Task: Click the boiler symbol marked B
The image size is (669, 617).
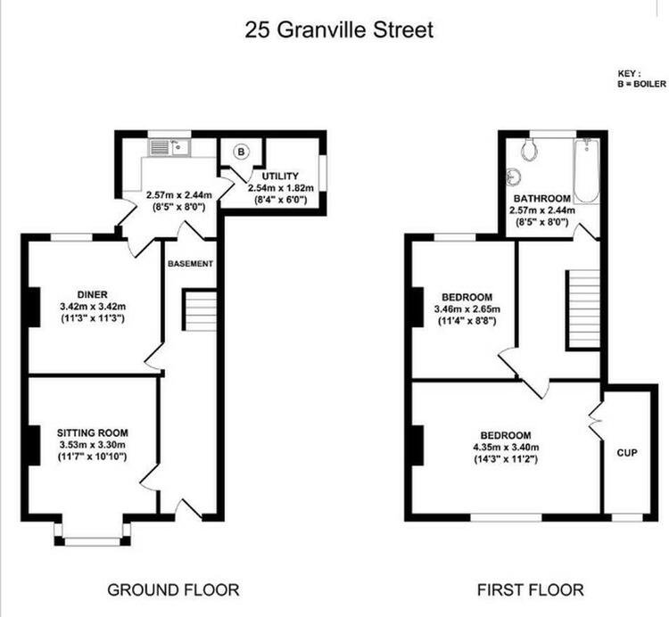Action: (242, 152)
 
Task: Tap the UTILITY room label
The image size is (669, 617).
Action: (280, 177)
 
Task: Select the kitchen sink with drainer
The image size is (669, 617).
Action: (169, 147)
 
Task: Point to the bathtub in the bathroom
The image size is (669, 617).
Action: (586, 170)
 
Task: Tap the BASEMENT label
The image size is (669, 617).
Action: (190, 264)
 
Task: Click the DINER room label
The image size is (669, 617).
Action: (92, 294)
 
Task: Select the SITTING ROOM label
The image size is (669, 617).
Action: (93, 432)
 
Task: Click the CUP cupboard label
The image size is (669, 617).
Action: (627, 453)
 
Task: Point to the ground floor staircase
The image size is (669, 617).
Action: (200, 310)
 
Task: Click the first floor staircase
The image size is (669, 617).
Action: (582, 310)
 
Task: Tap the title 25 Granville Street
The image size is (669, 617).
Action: (339, 29)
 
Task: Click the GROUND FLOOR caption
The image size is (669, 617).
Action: (173, 590)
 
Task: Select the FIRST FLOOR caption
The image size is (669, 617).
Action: (531, 590)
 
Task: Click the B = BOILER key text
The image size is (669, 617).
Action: (641, 84)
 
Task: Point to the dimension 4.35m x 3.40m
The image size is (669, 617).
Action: (506, 448)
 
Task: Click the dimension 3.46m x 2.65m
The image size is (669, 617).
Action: (467, 309)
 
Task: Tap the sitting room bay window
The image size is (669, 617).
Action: (92, 533)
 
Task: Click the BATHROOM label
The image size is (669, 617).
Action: (541, 199)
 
